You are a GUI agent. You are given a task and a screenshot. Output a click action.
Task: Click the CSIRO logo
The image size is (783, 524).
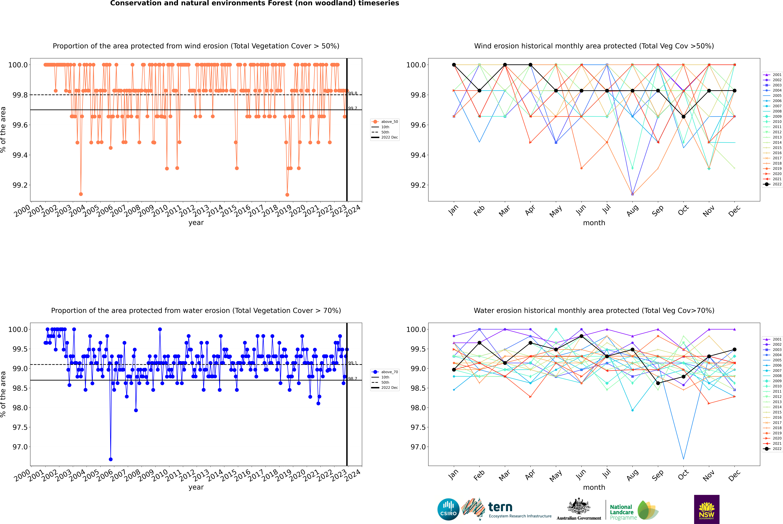pyautogui.click(x=448, y=509)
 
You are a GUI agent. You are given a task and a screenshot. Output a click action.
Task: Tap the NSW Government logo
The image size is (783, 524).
pyautogui.click(x=707, y=509)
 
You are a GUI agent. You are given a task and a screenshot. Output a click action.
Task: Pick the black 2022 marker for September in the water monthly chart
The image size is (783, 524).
pyautogui.click(x=658, y=383)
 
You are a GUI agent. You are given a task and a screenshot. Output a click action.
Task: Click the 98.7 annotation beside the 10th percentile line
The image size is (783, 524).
pyautogui.click(x=352, y=379)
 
